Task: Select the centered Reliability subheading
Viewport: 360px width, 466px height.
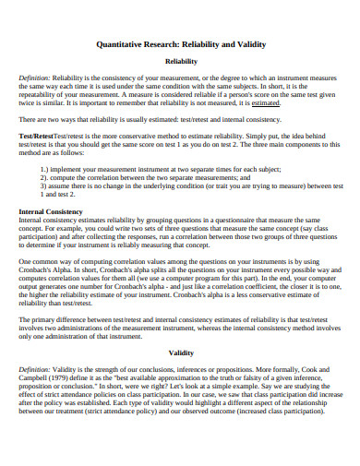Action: tap(180, 61)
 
